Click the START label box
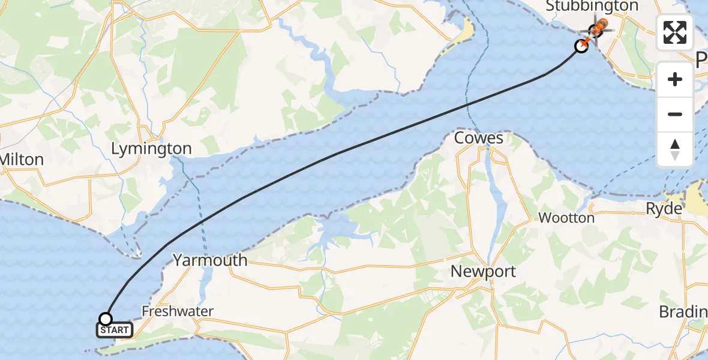click(114, 330)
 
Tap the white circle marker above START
click(106, 319)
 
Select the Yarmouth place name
click(210, 260)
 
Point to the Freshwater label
click(178, 311)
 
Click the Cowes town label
click(478, 138)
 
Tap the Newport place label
click(483, 271)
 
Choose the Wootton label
click(566, 218)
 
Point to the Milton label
click(23, 159)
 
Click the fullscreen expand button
click(675, 32)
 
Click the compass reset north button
click(675, 149)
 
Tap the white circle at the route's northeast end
click(581, 46)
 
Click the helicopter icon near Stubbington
click(598, 28)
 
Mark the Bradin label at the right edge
click(683, 312)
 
